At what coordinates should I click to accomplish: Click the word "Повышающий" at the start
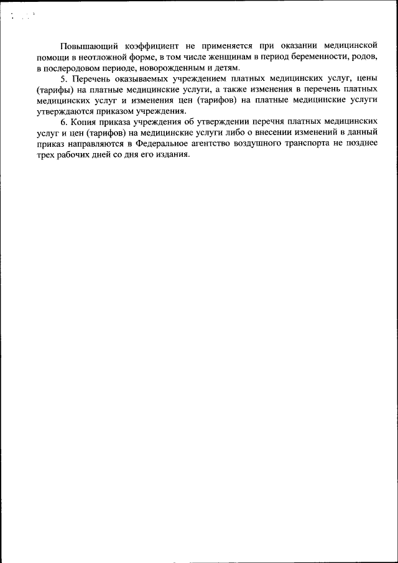[86, 46]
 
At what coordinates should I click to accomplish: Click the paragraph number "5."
[63, 78]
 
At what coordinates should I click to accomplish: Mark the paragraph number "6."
[63, 122]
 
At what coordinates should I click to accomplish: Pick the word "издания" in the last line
[172, 154]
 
